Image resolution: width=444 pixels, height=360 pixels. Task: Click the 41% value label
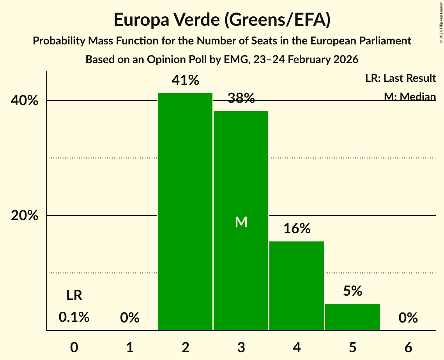coord(185,81)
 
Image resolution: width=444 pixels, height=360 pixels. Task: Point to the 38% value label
coord(241,99)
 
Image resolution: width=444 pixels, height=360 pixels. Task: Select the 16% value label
coord(297,229)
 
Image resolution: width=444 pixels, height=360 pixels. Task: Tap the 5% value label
coord(352,291)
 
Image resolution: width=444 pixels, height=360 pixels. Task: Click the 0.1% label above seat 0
coord(74,318)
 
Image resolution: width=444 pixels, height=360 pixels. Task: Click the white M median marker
coord(241,222)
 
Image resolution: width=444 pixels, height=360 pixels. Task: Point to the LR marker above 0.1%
coord(74,296)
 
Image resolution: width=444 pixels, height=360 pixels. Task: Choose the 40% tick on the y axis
coord(25,101)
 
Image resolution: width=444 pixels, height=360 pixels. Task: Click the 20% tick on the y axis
coord(25,215)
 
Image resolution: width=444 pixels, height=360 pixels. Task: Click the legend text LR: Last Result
coord(400,78)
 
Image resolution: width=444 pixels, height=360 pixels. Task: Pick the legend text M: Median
coord(410,96)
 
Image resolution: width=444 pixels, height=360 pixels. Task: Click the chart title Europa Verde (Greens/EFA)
coord(222,20)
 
